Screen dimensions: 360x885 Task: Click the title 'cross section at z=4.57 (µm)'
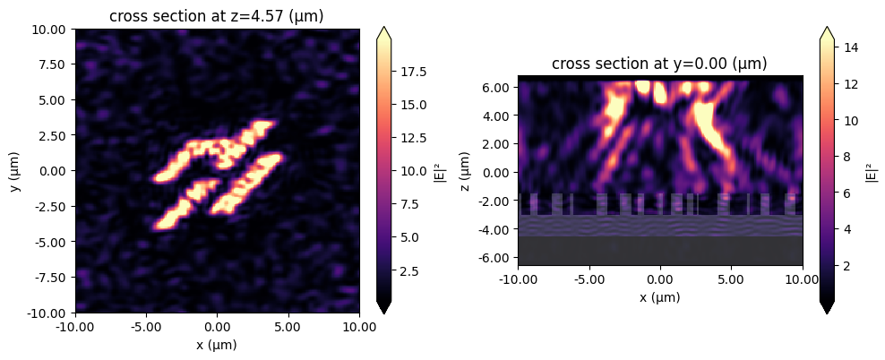click(217, 17)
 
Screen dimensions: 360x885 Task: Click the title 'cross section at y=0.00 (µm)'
click(659, 64)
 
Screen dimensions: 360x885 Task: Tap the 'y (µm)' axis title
click(15, 171)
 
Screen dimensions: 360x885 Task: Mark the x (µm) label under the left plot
click(217, 344)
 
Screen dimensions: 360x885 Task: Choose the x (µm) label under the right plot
click(659, 297)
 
